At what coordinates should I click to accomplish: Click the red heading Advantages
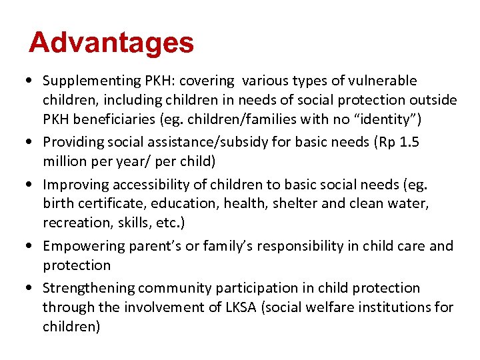pos(111,43)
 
